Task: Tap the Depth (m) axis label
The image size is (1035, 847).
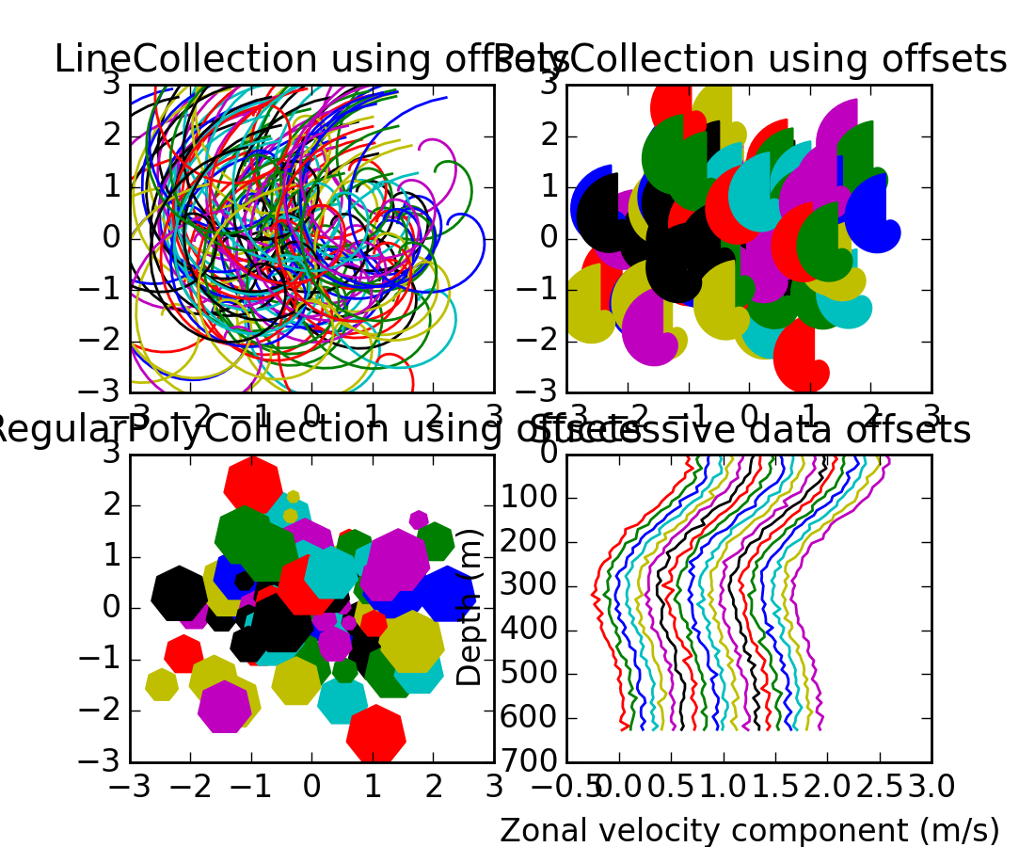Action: [x=470, y=606]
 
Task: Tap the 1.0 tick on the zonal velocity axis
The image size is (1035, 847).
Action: [x=724, y=784]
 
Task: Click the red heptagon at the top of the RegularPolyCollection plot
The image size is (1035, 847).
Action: [x=252, y=483]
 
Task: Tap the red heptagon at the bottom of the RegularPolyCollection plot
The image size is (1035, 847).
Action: [x=375, y=733]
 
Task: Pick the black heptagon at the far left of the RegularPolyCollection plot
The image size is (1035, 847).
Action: [x=180, y=593]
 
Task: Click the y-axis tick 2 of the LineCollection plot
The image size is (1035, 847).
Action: [x=112, y=136]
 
